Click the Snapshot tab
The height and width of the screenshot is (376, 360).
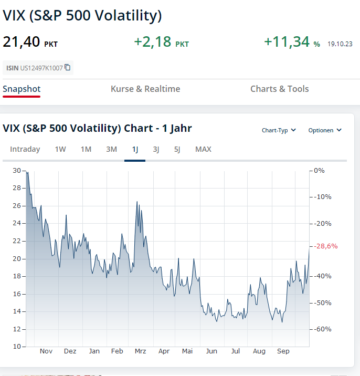(22, 89)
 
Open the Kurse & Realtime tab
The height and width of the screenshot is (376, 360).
(145, 89)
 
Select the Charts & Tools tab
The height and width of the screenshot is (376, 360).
(280, 89)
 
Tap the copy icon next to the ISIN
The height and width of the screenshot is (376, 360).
(68, 68)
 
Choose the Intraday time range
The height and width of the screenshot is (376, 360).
(25, 149)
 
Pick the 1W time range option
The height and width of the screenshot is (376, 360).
(60, 149)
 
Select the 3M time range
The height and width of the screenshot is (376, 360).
(111, 149)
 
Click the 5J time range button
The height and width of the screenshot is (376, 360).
(177, 149)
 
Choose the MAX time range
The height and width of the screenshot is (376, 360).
(203, 149)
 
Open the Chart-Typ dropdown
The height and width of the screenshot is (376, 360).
(279, 130)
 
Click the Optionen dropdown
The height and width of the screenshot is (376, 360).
(325, 130)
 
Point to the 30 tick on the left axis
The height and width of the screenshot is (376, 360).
(17, 171)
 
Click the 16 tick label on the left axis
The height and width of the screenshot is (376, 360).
(17, 294)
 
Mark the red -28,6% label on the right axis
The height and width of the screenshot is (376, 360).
(326, 246)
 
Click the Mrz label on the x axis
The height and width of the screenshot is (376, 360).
(141, 351)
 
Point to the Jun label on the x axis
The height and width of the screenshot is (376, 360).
(211, 351)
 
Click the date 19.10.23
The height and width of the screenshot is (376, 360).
(340, 44)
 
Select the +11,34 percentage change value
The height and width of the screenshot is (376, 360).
(287, 41)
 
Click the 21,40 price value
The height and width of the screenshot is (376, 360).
(21, 41)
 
